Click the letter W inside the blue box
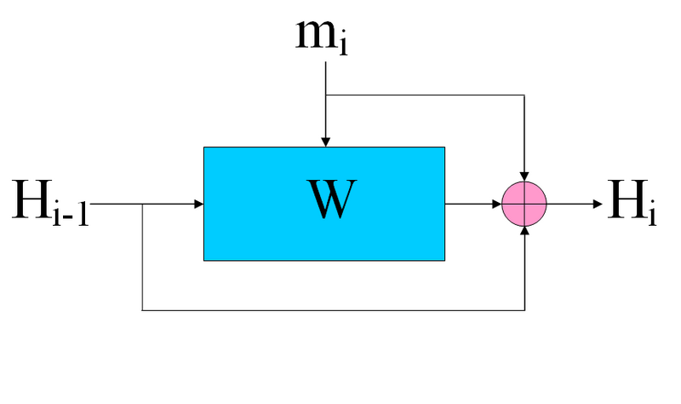(x=328, y=201)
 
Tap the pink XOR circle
(x=524, y=205)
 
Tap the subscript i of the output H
(x=651, y=214)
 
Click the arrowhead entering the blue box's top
(x=325, y=141)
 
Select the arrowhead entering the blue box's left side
(x=198, y=205)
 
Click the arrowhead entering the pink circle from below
(x=525, y=232)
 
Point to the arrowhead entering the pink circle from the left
(x=497, y=205)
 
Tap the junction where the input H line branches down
(x=142, y=205)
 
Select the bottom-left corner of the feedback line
(x=142, y=309)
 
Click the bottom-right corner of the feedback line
(x=525, y=309)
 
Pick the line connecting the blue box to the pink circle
(x=468, y=205)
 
